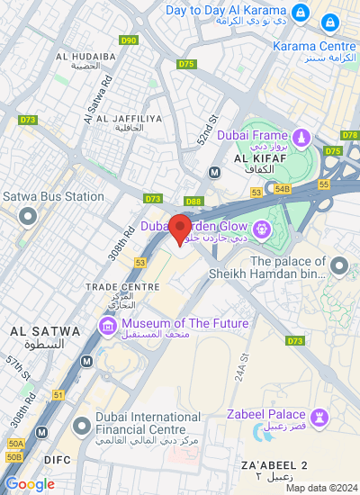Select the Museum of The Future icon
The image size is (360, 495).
point(108,325)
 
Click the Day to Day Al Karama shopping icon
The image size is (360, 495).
point(301,12)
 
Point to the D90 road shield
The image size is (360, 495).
point(129,40)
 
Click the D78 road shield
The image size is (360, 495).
point(350,135)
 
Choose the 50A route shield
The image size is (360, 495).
point(15,444)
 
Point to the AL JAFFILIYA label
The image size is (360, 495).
point(129,120)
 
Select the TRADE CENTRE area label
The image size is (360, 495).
point(122,287)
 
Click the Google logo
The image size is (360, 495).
point(30,484)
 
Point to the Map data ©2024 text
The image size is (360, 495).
point(320,488)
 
